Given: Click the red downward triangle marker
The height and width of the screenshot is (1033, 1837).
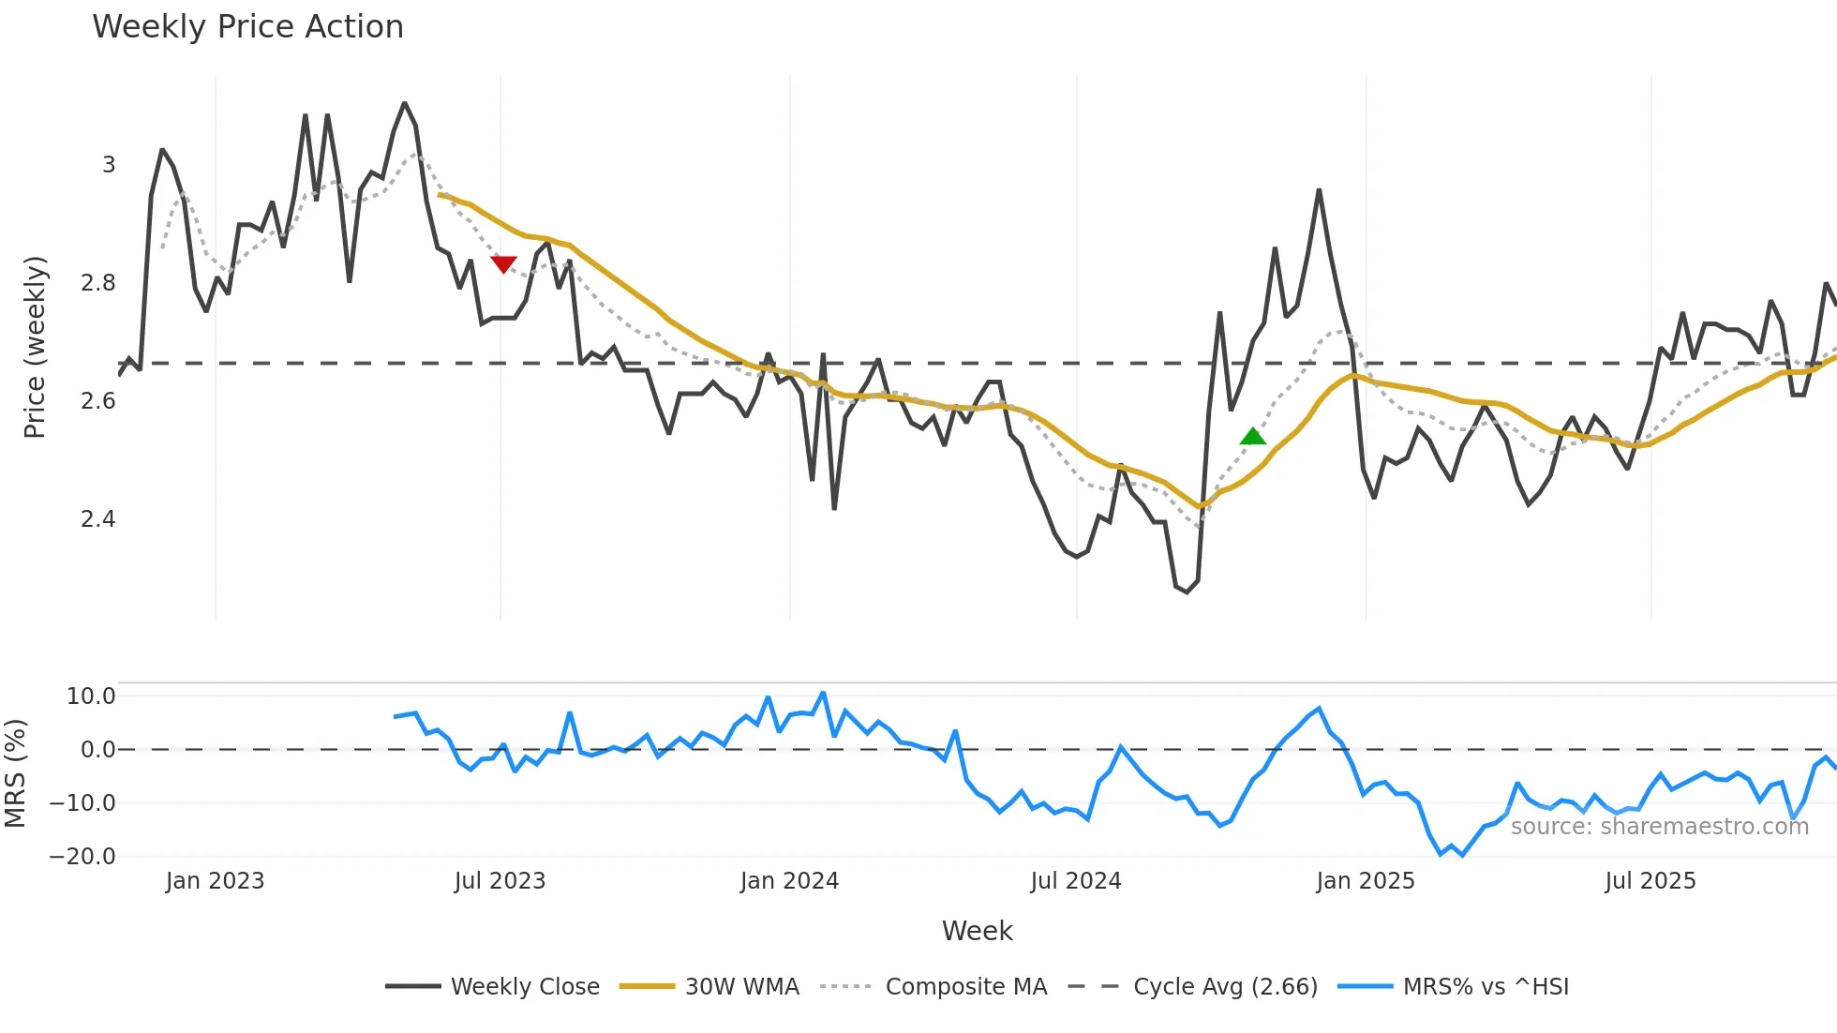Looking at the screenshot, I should [503, 264].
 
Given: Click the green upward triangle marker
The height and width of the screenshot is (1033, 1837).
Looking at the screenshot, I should [1252, 437].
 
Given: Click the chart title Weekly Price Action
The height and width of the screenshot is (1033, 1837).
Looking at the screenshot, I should [247, 27].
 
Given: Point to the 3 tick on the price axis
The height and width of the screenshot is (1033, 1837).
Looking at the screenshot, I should [109, 165].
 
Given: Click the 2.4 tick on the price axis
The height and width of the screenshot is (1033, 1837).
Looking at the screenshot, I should [98, 519].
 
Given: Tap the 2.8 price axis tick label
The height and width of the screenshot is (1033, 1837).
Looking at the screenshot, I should [98, 283].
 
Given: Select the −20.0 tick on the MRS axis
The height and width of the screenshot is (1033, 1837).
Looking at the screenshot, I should [82, 857].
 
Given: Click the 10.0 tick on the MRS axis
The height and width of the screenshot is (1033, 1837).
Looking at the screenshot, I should [91, 696].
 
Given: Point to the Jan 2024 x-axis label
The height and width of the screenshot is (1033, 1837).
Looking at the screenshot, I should [789, 881].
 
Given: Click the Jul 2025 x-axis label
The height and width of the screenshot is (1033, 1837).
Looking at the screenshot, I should [1650, 881].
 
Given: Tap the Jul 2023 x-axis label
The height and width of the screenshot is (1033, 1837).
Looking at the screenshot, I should [500, 881].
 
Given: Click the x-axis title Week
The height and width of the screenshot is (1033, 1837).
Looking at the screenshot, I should [977, 931].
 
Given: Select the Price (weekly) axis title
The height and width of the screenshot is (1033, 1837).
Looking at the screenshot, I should [35, 347].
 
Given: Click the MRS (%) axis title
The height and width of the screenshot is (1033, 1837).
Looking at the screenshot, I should [15, 773].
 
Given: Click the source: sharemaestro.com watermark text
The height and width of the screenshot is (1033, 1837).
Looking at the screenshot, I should [1659, 827].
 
